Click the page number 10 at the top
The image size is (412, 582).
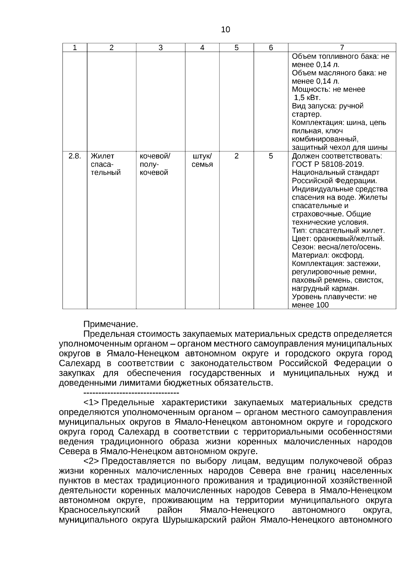226,30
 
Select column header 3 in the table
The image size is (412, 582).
160,48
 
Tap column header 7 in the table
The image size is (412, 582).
342,48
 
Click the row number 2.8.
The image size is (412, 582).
75,156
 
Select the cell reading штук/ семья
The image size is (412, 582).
202,160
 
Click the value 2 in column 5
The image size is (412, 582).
237,156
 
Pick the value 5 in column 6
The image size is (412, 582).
271,156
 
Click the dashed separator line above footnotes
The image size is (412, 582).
131,392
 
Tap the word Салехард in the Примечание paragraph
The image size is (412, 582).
80,364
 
